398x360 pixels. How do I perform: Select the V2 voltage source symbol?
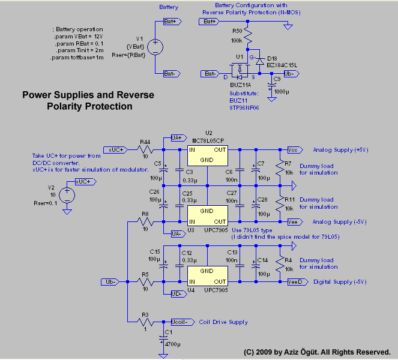(67, 195)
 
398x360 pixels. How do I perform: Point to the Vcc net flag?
(293, 150)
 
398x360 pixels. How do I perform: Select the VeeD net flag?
(295, 281)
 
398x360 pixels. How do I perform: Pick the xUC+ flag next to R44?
(116, 149)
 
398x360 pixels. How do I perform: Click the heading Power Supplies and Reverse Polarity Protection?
(88, 101)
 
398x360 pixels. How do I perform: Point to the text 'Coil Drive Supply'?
(223, 322)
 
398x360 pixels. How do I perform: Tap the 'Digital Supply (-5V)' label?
(340, 281)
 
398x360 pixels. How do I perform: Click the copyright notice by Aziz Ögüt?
(318, 352)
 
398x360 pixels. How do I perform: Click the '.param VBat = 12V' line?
(78, 37)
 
